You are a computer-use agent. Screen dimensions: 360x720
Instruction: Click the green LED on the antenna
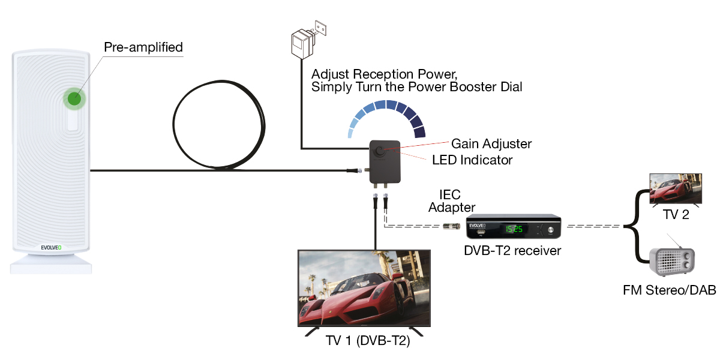(74, 99)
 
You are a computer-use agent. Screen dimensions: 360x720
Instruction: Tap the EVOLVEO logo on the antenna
(51, 246)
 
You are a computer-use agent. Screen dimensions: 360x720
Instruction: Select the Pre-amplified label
(143, 47)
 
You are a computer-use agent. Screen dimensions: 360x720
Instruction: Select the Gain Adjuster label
(491, 144)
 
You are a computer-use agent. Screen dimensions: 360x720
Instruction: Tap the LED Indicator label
(472, 160)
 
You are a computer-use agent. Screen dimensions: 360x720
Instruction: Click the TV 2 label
(676, 215)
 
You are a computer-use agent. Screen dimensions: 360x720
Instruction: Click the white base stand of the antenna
(51, 264)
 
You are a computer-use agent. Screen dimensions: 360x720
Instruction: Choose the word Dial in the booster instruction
(510, 87)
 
